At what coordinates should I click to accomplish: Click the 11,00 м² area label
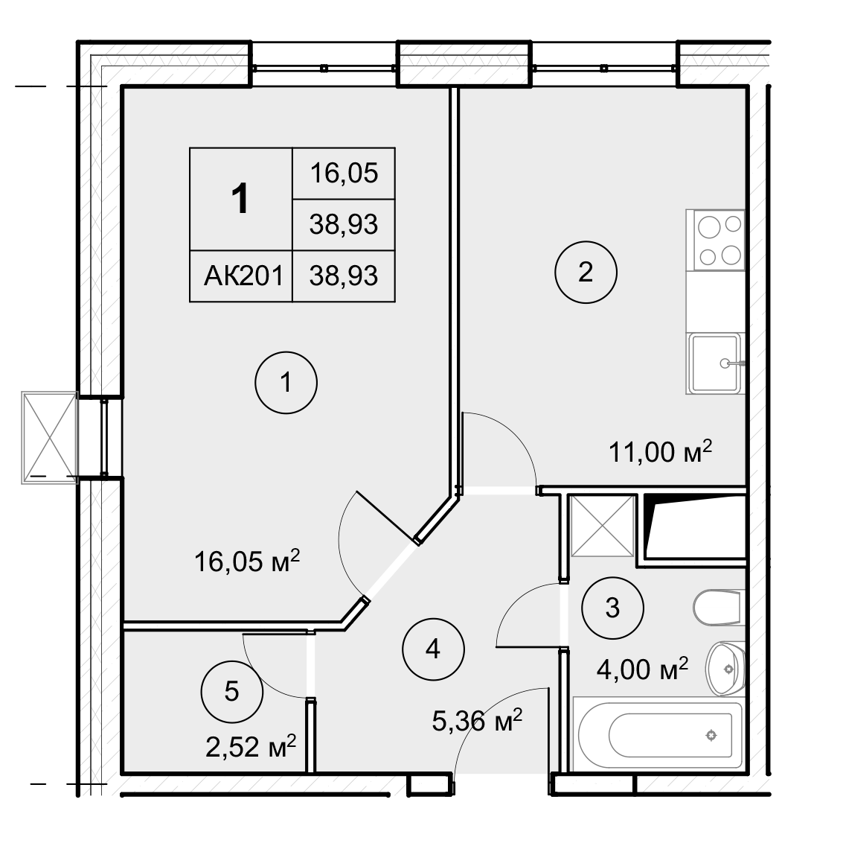660,451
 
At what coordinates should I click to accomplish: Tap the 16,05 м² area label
246,561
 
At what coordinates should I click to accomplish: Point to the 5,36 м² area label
477,720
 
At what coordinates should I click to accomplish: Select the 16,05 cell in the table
344,174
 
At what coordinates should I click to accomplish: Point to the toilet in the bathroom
719,608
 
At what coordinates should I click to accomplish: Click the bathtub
658,734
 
